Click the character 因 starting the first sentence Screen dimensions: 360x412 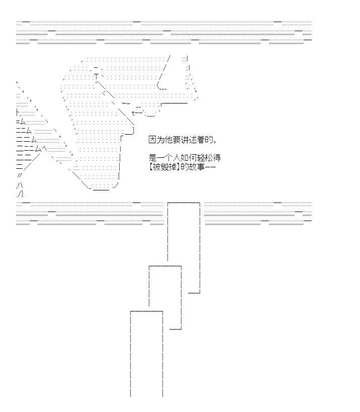point(152,140)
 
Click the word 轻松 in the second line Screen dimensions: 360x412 point(205,158)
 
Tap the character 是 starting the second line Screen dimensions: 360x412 point(152,158)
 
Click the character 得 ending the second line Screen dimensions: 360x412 point(217,158)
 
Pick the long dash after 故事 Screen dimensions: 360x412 point(210,167)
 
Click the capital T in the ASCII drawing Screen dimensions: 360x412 point(97,77)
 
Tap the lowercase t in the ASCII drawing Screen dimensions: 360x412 point(133,113)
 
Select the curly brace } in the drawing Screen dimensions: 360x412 point(134,131)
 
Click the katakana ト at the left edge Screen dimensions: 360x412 point(18,113)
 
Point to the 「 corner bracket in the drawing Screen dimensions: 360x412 point(121,139)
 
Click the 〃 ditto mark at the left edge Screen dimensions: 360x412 point(20,175)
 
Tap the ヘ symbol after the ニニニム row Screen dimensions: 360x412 point(44,149)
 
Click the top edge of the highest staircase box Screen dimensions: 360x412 point(184,203)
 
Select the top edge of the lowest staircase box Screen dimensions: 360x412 point(147,312)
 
